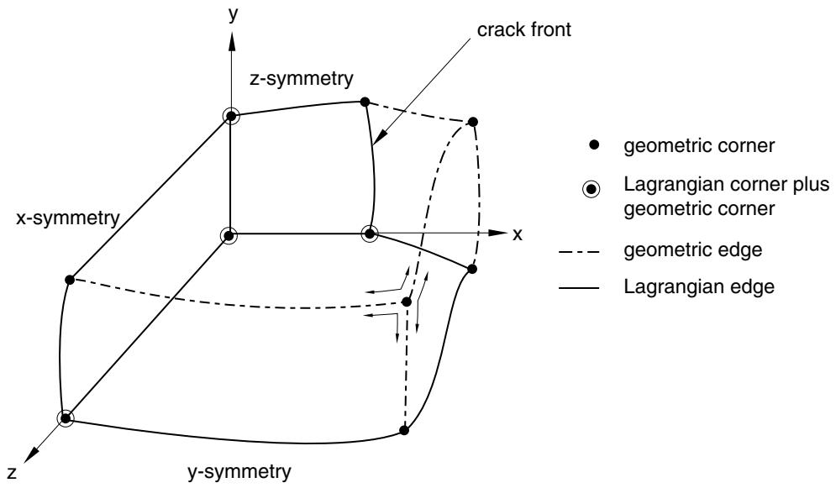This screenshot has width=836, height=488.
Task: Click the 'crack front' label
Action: (523, 30)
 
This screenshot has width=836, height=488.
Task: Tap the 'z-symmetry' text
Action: (302, 79)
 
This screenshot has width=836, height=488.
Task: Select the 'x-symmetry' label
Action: (68, 218)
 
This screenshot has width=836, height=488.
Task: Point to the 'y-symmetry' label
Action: (239, 472)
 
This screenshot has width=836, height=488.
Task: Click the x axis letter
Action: (518, 234)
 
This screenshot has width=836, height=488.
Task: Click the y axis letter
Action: (233, 15)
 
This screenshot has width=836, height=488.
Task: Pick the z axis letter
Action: (13, 473)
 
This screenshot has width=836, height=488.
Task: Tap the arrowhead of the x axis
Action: (498, 233)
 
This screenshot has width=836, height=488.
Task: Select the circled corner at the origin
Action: (229, 235)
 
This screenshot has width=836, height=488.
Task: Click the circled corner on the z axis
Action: (66, 418)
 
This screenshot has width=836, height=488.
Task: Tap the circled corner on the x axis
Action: (369, 234)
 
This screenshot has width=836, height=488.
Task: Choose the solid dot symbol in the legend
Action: (595, 144)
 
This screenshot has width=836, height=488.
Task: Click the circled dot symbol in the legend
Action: (592, 190)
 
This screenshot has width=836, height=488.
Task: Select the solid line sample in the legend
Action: (579, 288)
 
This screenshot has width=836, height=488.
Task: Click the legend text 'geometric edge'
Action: (692, 249)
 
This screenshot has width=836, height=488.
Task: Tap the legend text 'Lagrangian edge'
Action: (699, 286)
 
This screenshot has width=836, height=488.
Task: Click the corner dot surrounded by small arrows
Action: (407, 302)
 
